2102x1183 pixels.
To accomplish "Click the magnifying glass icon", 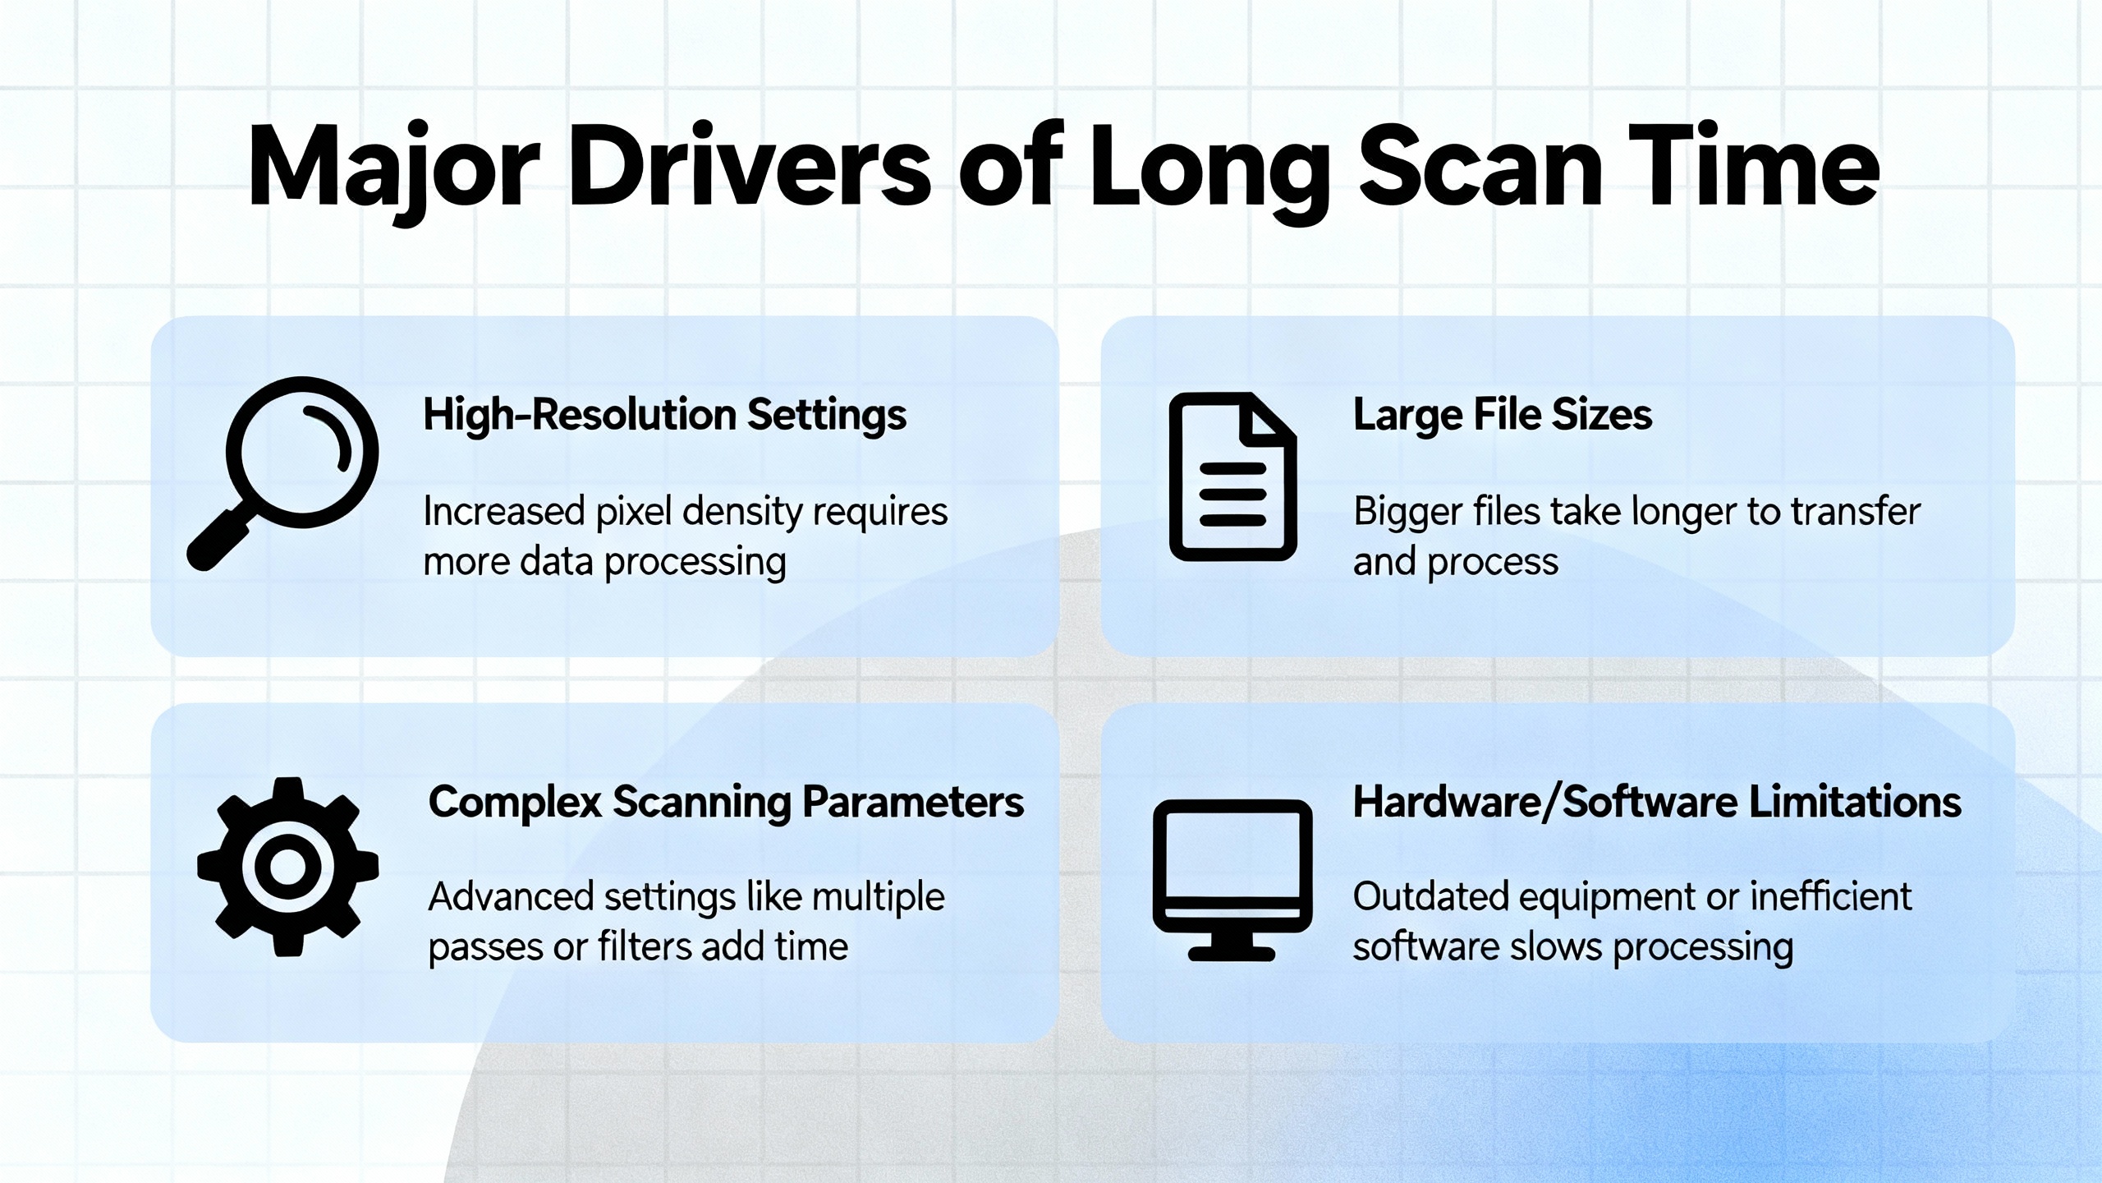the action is tap(282, 473).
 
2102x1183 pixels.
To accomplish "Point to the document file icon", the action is tap(1232, 476).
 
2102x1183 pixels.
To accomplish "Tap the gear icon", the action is tap(287, 867).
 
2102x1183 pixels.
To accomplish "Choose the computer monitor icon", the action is tap(1232, 880).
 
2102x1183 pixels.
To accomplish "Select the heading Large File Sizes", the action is tap(1503, 415).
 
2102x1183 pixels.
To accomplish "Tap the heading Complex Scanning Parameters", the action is tap(726, 803).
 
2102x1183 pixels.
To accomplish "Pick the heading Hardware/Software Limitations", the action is tap(1657, 803).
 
